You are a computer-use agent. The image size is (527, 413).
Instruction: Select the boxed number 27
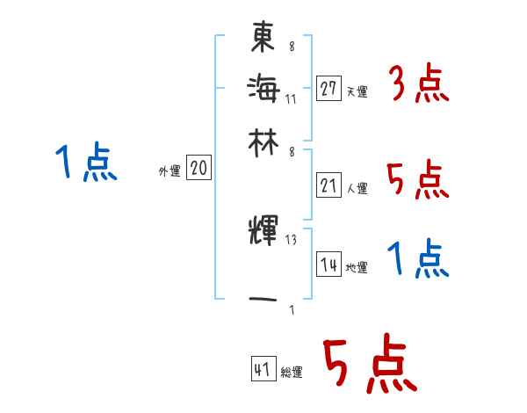pos(328,88)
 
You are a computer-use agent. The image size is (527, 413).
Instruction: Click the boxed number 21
pos(328,185)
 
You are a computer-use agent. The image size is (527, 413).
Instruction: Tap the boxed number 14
pos(328,264)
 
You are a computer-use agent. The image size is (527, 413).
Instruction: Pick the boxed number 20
pos(199,169)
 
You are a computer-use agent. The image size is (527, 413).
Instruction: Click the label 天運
pos(357,91)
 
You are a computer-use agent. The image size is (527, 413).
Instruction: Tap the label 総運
pos(292,373)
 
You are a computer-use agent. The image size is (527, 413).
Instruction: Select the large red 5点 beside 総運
pos(368,366)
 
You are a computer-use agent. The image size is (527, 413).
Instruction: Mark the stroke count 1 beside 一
pos(291,308)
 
